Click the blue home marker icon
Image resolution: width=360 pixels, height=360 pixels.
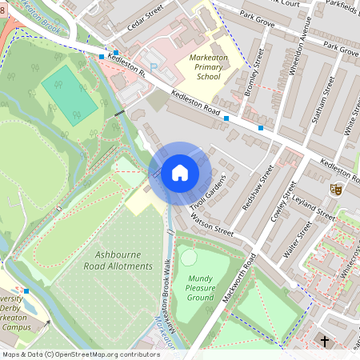coord(179,173)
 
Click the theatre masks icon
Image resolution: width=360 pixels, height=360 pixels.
coord(337,189)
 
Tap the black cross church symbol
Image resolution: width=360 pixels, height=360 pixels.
coord(325,342)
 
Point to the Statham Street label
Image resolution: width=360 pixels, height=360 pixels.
coord(322,106)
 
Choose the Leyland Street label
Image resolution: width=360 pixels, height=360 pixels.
coord(314,209)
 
